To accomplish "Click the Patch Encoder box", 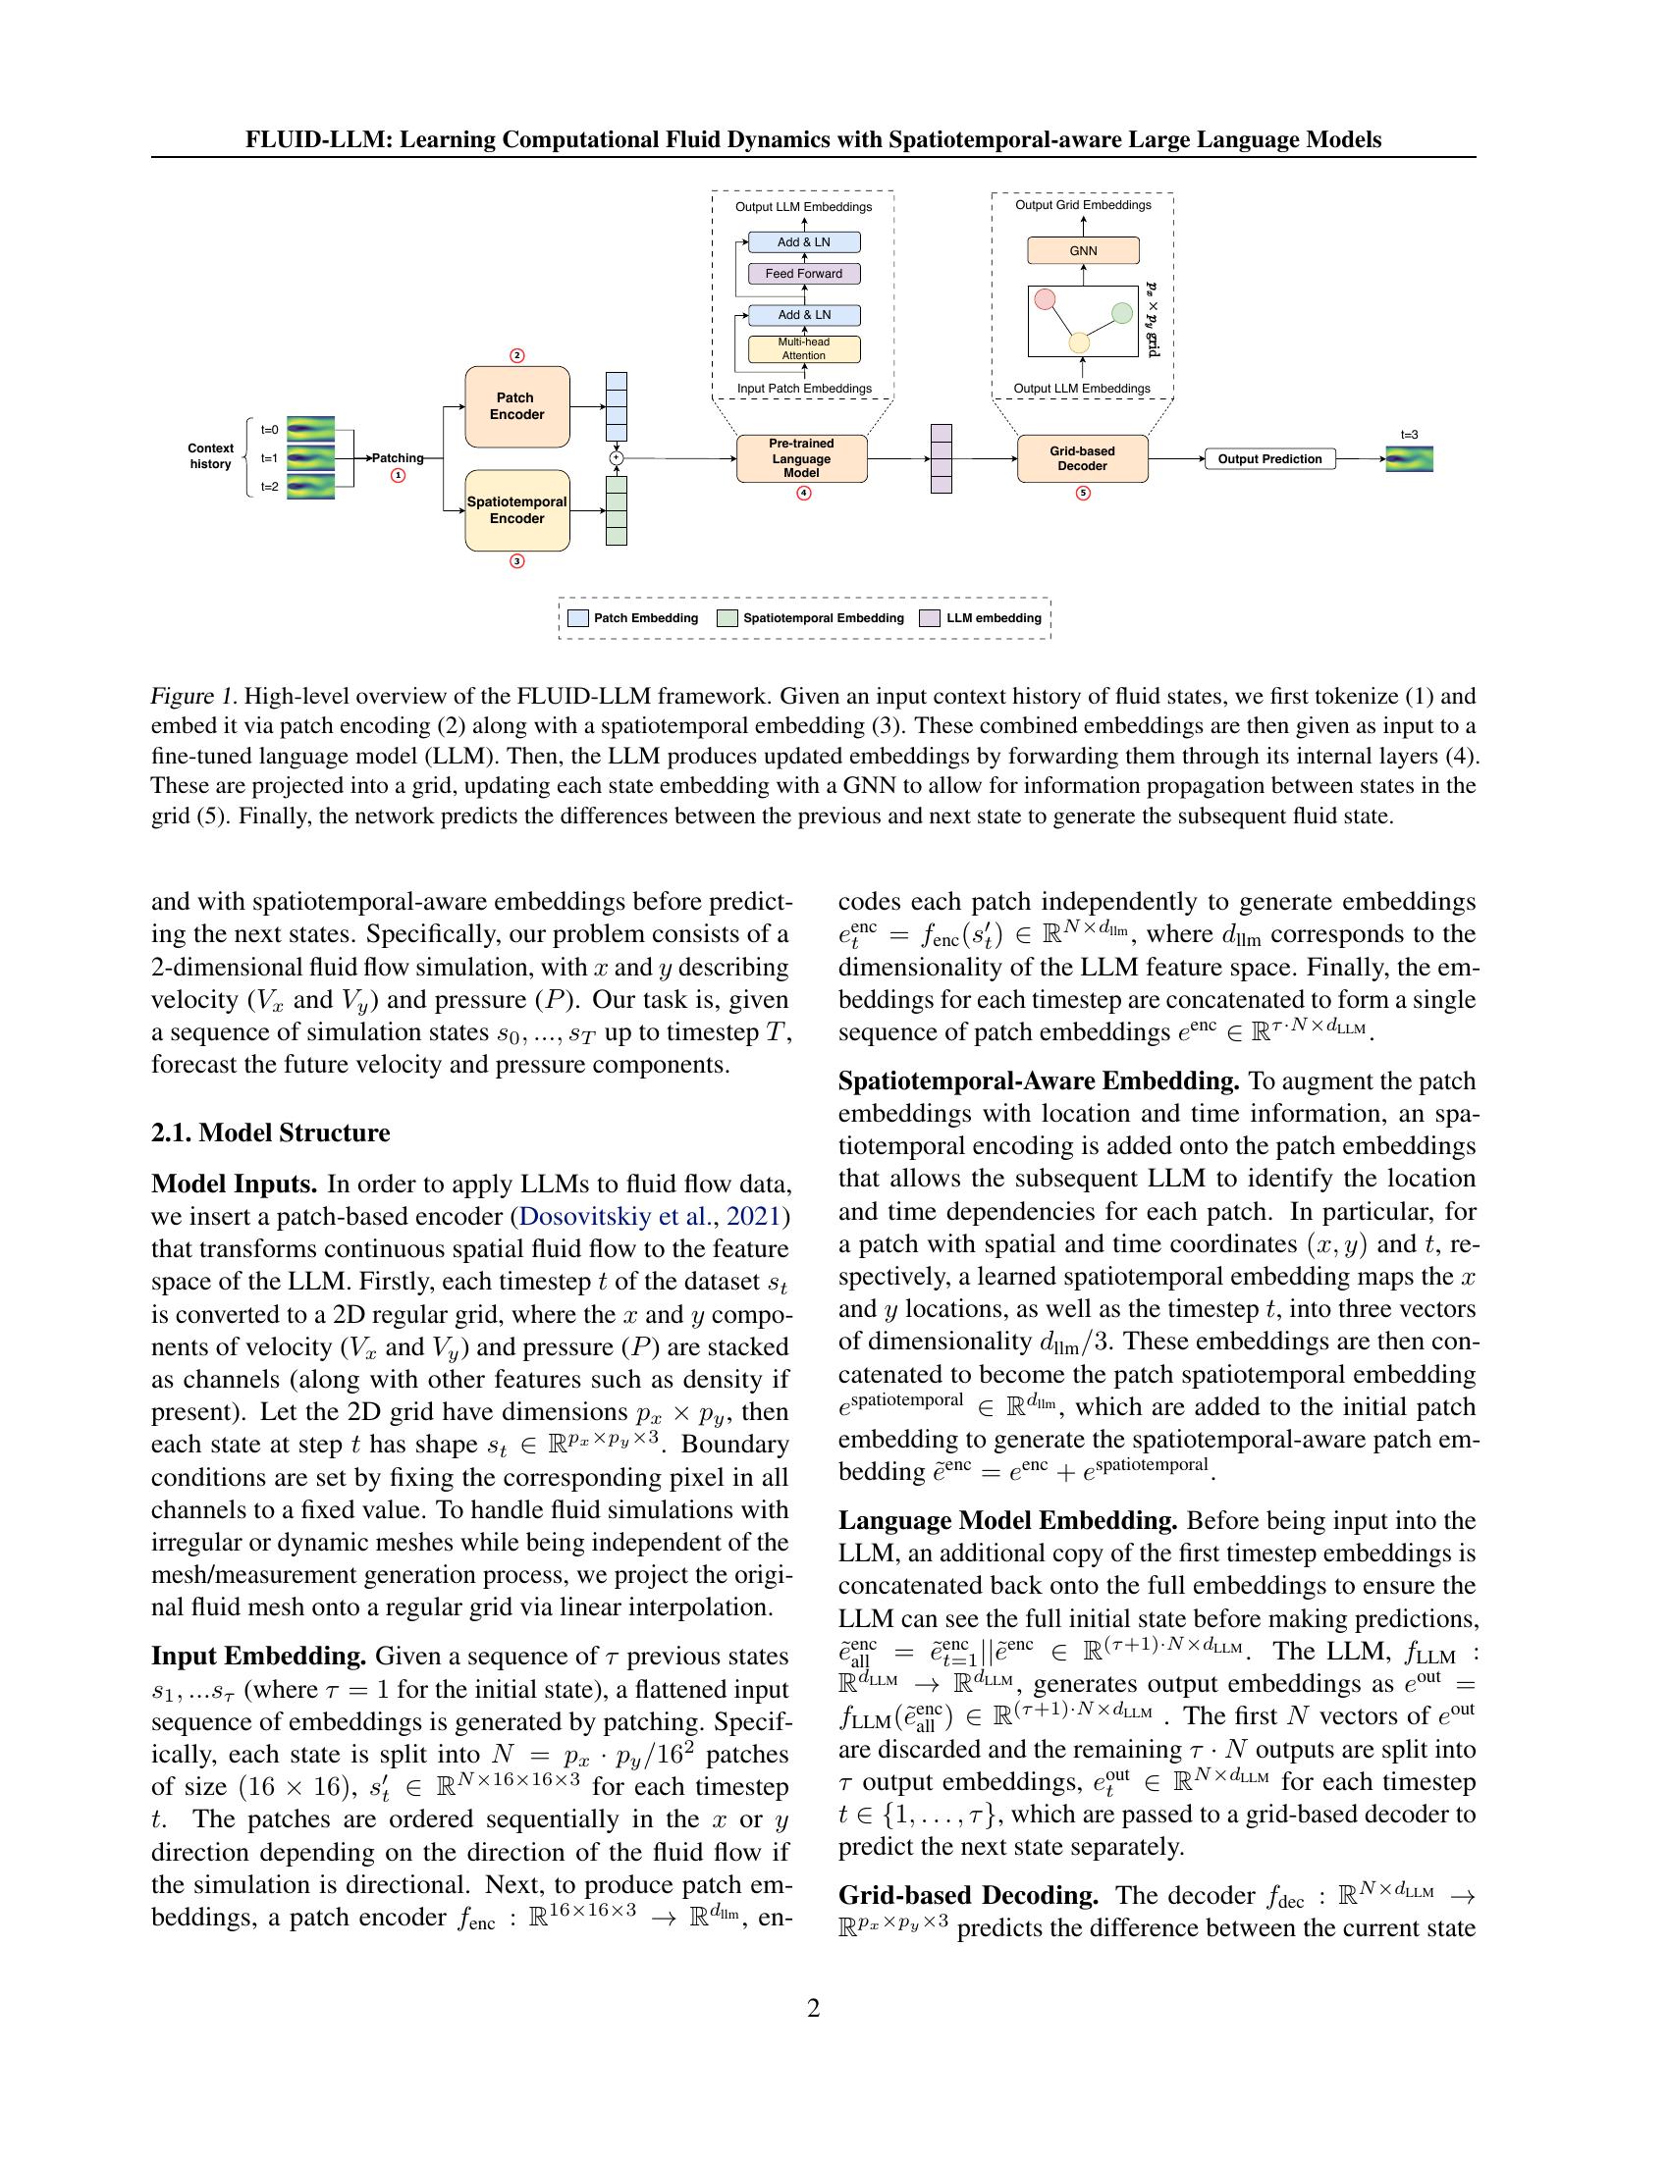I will pos(517,406).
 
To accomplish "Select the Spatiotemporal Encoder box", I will pos(517,510).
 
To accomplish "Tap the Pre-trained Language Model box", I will pos(802,458).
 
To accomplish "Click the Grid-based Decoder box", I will pos(1083,458).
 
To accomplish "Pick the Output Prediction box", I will pos(1269,458).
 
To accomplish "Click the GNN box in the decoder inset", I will pos(1084,251).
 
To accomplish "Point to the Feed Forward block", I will pos(804,274).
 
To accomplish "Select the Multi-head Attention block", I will pos(804,349).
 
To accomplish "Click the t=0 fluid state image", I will pos(310,430).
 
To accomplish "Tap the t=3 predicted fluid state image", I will pos(1409,459).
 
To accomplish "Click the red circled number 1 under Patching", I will pos(399,476).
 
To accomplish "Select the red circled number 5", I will pos(1083,494).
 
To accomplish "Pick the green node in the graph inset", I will pos(1121,313).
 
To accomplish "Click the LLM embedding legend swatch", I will pos(930,618).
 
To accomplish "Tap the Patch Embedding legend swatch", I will pos(578,618).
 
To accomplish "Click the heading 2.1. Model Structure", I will pos(270,1132).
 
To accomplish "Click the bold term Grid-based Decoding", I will pos(968,1895).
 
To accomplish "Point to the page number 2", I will pos(813,2008).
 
